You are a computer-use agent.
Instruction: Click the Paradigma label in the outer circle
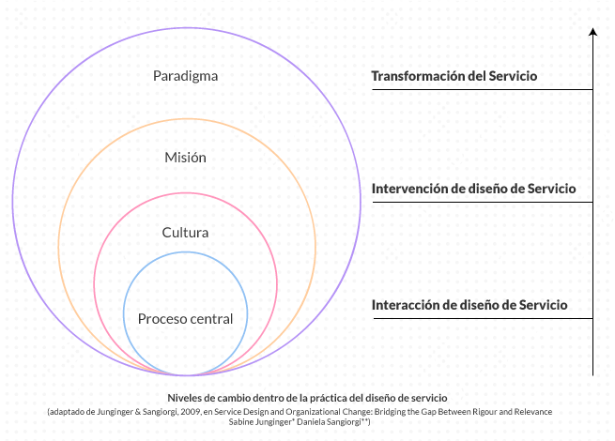[185, 76]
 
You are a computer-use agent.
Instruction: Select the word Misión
[185, 157]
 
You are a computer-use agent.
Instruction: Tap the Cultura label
[185, 233]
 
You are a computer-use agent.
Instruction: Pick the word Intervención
[410, 188]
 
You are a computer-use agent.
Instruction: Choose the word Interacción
[407, 305]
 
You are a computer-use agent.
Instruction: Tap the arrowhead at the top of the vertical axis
[592, 33]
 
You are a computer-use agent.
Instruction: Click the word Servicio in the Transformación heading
[512, 76]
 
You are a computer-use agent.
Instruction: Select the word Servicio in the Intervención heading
[551, 188]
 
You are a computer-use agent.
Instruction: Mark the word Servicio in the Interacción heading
[543, 305]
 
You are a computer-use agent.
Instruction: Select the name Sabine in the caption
[241, 423]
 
